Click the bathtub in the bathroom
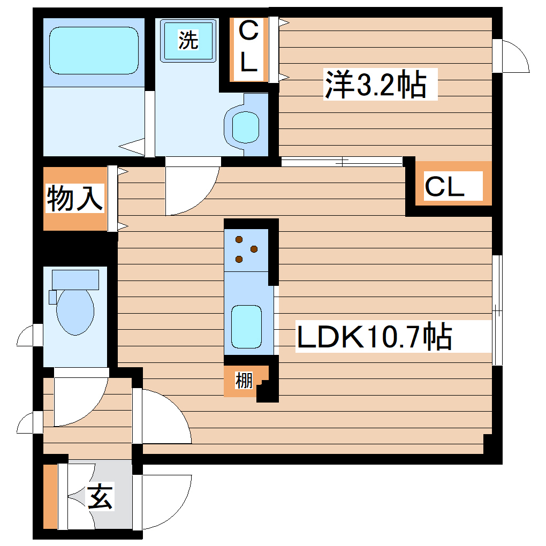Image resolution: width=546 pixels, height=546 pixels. tap(94, 50)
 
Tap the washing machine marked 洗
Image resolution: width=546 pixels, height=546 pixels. tap(188, 40)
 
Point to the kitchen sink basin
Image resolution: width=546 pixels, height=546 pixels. tap(246, 325)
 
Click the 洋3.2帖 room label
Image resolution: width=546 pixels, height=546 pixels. tap(375, 84)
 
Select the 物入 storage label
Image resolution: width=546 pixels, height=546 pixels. tap(74, 199)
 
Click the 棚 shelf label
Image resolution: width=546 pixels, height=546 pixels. tap(244, 382)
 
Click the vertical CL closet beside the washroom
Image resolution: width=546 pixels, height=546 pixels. tap(248, 49)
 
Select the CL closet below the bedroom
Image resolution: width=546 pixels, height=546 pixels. tap(444, 187)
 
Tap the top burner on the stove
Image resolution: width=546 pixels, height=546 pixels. tap(239, 239)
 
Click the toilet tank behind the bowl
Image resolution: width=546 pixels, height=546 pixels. tap(75, 279)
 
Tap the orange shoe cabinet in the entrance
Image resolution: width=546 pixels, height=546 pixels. tap(50, 497)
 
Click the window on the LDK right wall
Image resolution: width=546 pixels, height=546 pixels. tap(497, 310)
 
